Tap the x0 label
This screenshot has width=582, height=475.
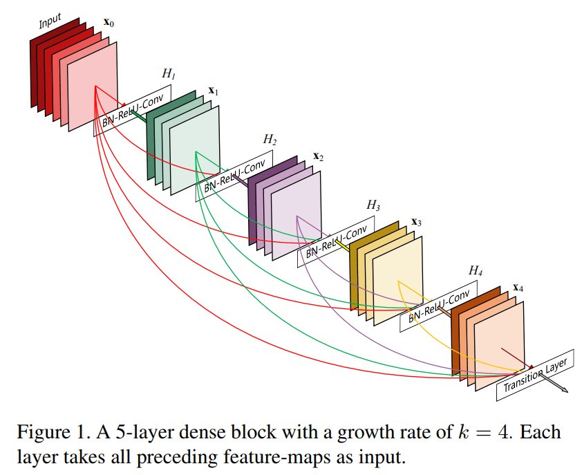[x=109, y=22]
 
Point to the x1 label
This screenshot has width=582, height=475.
[x=214, y=91]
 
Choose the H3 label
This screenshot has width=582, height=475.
[x=374, y=206]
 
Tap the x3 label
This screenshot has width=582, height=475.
[x=416, y=222]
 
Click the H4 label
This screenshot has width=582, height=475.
[x=475, y=270]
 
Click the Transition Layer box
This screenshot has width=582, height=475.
[x=535, y=374]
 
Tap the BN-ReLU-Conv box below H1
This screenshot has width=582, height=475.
[x=132, y=111]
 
